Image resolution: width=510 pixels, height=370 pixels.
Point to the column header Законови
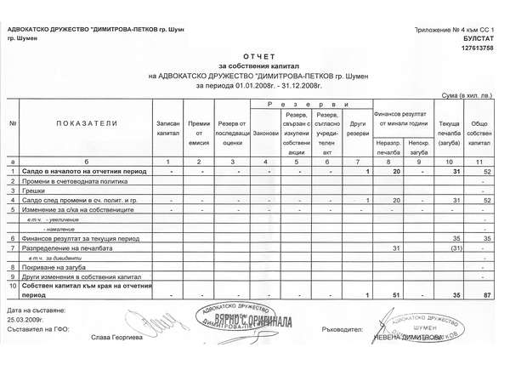(x=266, y=134)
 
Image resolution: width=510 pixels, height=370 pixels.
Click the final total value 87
(x=487, y=294)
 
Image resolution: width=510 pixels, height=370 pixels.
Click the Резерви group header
(x=309, y=103)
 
